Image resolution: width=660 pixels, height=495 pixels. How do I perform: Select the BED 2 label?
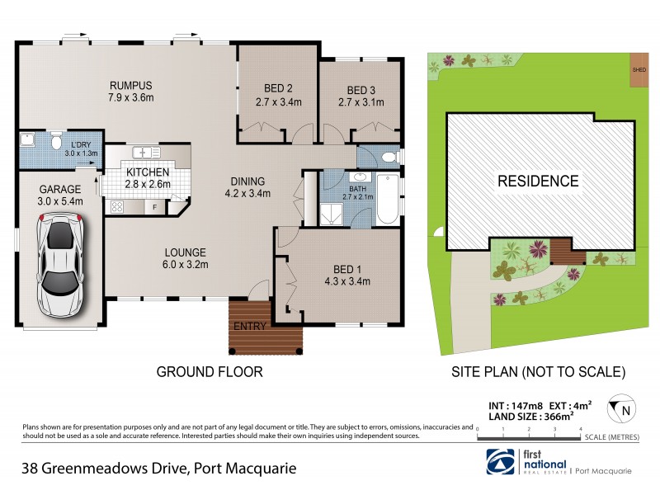point(279,89)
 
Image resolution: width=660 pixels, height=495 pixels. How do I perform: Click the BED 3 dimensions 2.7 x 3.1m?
point(361,103)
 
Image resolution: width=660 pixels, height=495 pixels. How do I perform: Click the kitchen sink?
point(146,152)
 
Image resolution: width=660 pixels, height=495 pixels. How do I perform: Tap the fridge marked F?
point(155,206)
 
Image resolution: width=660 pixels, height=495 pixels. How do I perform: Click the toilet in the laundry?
point(56,143)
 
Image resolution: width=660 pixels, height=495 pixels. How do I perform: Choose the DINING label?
point(247,181)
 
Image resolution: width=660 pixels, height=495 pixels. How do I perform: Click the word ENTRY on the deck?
point(249,326)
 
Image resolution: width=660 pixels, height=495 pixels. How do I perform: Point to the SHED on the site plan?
point(638,69)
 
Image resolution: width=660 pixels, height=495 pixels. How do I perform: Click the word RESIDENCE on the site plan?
point(537,181)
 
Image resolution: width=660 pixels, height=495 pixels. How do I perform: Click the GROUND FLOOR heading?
point(210,372)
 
